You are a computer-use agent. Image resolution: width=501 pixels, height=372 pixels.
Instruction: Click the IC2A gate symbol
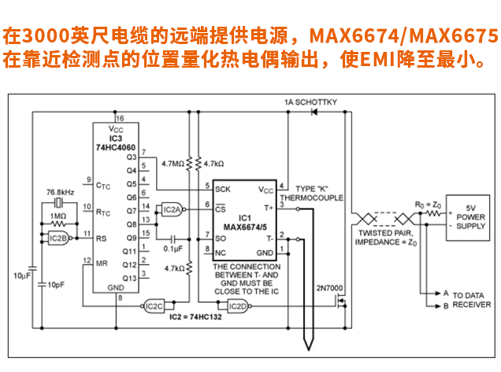coord(171,209)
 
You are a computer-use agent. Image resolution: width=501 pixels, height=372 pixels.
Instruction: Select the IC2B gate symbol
coord(59,238)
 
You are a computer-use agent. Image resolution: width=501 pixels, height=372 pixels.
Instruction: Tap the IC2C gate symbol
coord(154,305)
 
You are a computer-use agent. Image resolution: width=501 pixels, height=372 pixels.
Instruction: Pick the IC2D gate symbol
coord(237,305)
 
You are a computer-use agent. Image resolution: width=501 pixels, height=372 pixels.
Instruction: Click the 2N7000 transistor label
coord(329,288)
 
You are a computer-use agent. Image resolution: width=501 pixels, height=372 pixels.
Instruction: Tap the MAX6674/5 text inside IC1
coord(244,227)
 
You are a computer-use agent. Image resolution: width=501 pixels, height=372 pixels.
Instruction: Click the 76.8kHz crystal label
coord(61,192)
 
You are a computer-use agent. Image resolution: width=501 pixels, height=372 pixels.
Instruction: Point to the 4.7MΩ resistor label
coord(172,164)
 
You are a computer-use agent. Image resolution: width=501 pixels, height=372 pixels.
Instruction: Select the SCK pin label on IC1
coord(223,189)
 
